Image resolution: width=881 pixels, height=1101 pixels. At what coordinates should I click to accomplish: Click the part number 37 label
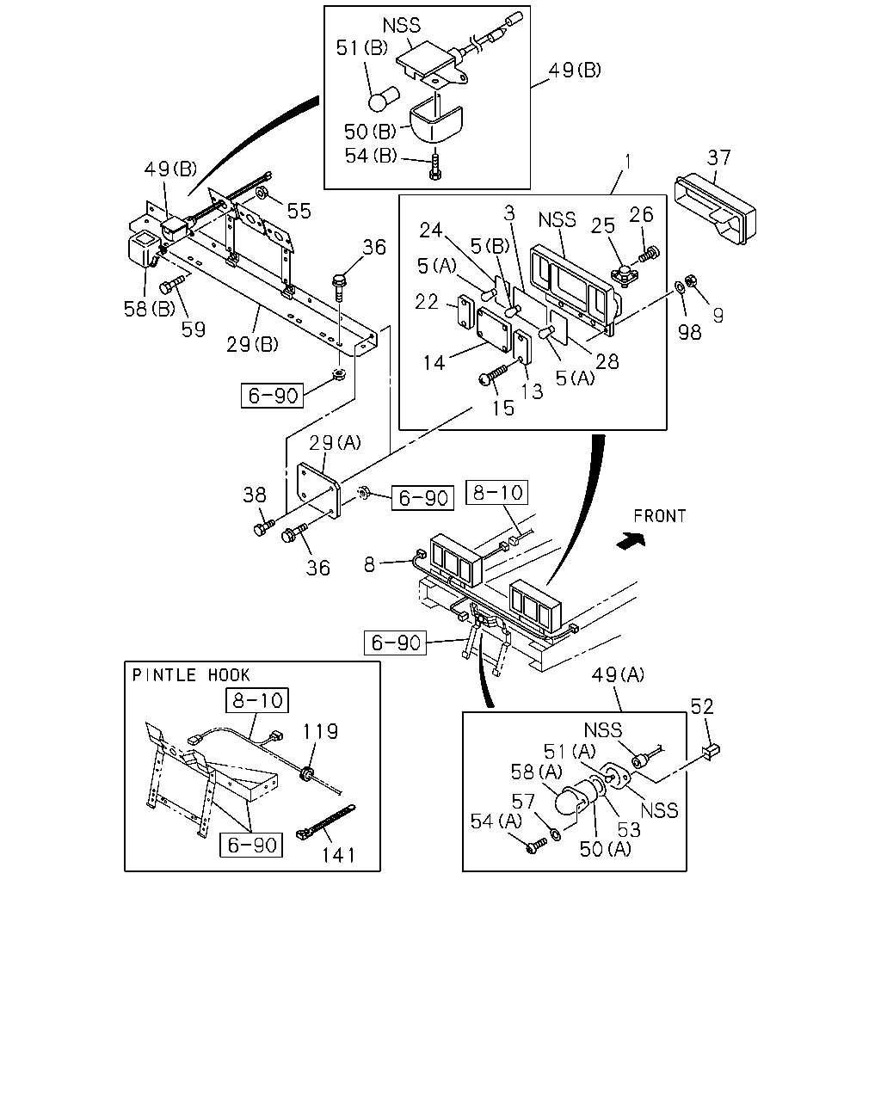[718, 157]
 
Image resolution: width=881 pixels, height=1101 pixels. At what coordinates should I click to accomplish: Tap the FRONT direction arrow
[631, 541]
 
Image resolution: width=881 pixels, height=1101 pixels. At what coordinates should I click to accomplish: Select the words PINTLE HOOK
[191, 675]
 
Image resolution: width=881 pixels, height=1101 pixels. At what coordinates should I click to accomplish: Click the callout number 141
[338, 854]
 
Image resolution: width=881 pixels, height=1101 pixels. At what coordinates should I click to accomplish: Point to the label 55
[299, 211]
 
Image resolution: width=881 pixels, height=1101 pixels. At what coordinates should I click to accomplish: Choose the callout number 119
[320, 732]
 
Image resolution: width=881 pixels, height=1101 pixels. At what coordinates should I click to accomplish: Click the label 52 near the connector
[701, 706]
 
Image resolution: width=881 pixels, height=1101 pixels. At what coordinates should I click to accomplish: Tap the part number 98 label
[689, 332]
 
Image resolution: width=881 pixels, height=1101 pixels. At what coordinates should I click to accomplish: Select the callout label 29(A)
[335, 442]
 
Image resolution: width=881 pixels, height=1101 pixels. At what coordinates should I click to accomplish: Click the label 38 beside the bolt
[255, 495]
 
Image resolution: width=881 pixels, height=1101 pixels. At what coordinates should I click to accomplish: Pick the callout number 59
[193, 330]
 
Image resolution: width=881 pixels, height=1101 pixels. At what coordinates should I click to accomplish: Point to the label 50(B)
[370, 132]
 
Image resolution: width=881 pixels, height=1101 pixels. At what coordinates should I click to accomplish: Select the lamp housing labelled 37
[715, 210]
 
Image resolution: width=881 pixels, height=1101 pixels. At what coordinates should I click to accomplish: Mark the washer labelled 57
[555, 834]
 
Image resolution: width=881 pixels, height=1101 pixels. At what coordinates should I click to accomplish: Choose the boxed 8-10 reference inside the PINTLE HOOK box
[257, 700]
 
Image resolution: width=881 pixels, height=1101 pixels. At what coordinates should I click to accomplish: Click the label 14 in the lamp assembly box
[434, 363]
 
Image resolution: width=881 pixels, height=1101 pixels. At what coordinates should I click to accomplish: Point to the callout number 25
[602, 225]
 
